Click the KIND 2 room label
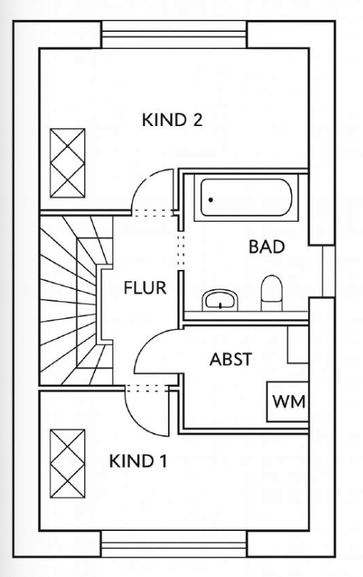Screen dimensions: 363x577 pos(172,120)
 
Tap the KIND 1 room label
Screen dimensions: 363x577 pos(138,461)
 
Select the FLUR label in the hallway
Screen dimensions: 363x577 pos(145,288)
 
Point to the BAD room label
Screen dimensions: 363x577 pos(267,246)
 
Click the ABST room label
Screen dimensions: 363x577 pos(230,359)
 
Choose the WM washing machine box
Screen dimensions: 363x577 pos(287,401)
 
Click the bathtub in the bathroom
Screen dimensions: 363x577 pos(246,197)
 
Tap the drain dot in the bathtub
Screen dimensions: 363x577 pos(210,200)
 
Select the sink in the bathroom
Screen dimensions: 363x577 pos(220,300)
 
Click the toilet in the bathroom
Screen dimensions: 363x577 pos(272,293)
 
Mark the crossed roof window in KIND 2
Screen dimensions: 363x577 pos(67,163)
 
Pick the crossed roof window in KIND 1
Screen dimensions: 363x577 pos(67,464)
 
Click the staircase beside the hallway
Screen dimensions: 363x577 pos(76,300)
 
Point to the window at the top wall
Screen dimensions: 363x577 pos(174,35)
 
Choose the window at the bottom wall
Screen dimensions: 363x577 pos(174,544)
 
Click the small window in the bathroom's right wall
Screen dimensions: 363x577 pos(328,271)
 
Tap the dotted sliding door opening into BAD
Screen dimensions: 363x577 pos(181,250)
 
